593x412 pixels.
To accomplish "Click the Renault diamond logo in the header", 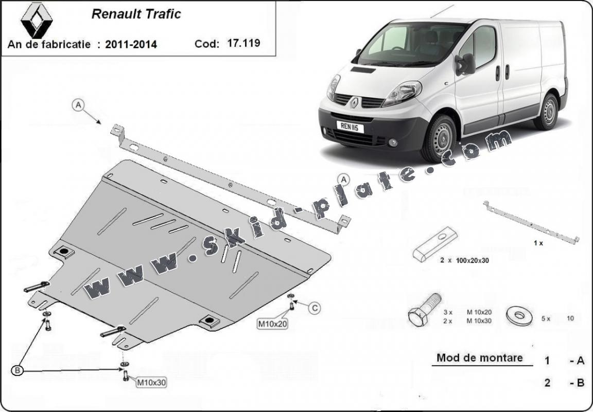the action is [x=37, y=20].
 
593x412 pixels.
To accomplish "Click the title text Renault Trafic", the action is [x=136, y=14].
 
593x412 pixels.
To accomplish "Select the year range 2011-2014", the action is [x=131, y=44].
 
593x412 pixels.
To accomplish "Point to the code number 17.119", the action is [x=243, y=43].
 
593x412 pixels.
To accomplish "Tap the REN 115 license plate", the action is [x=350, y=127].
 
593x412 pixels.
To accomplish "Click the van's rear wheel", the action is [x=547, y=112].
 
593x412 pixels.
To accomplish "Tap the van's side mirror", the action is [x=465, y=64].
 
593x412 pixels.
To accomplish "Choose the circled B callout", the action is [x=17, y=371].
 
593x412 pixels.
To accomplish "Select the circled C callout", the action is [x=315, y=309].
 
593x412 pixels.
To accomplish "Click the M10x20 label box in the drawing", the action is [x=272, y=324].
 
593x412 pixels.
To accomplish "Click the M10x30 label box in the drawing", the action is [x=151, y=383].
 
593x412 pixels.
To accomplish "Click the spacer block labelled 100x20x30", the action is [x=435, y=244].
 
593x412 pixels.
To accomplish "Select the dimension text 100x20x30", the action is [x=473, y=260].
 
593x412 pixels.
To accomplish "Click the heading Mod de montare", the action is [x=480, y=357].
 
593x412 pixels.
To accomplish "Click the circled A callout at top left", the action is [x=78, y=105].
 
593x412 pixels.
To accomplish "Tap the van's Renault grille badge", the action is [x=354, y=102].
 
